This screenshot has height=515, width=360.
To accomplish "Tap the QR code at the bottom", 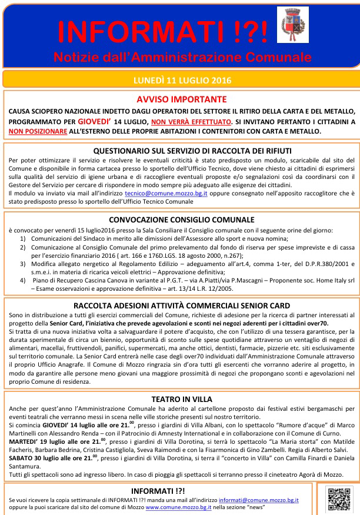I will (338, 499).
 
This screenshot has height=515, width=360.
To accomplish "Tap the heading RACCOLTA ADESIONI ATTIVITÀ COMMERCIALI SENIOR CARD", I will (181, 305).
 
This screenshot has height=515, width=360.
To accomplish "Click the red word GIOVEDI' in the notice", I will (95, 121).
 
